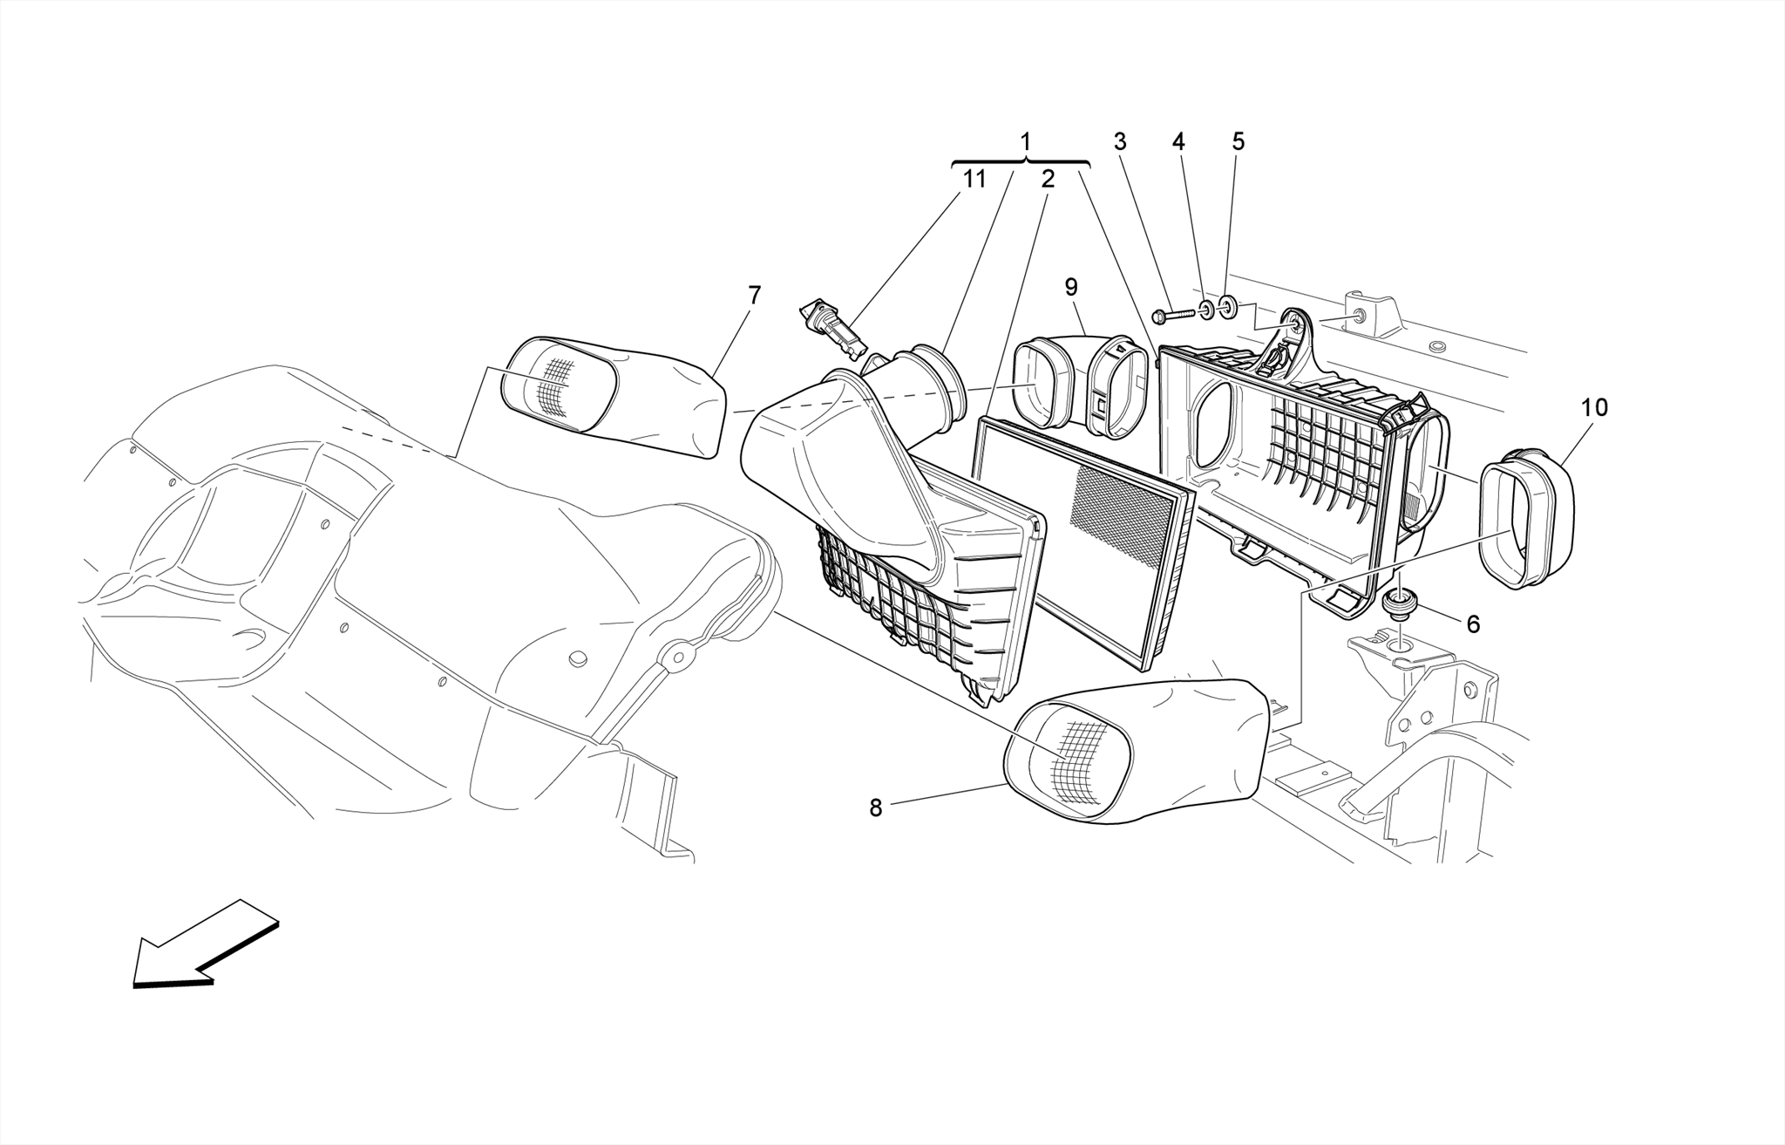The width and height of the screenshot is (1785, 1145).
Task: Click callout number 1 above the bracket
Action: pos(1025,141)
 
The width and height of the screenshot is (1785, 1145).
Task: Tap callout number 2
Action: pos(1048,179)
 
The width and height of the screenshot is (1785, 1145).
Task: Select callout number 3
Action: pos(1120,141)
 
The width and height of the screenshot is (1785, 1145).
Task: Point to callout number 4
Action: pos(1178,141)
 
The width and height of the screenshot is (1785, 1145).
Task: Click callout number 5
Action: pos(1239,141)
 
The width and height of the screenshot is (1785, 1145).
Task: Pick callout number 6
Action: pos(1473,624)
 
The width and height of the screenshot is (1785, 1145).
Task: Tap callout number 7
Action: pos(754,295)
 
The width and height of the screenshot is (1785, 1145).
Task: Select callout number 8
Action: pos(876,808)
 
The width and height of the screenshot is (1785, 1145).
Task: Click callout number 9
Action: pos(1071,287)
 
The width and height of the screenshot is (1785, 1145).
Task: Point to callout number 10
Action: pos(1594,407)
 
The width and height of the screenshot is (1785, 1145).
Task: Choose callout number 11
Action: pos(974,179)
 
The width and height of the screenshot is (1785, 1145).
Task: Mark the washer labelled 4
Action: pos(1205,310)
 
